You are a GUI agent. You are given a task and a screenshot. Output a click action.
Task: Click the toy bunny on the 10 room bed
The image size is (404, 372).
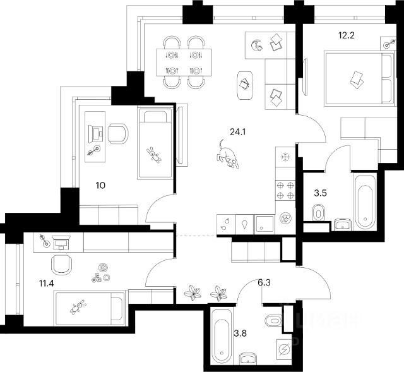pos(153,155)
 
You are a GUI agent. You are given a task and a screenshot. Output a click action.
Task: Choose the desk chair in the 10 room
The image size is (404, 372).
pos(117,133)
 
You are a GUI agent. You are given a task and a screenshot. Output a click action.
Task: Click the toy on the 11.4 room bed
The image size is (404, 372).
pos(78,308)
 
